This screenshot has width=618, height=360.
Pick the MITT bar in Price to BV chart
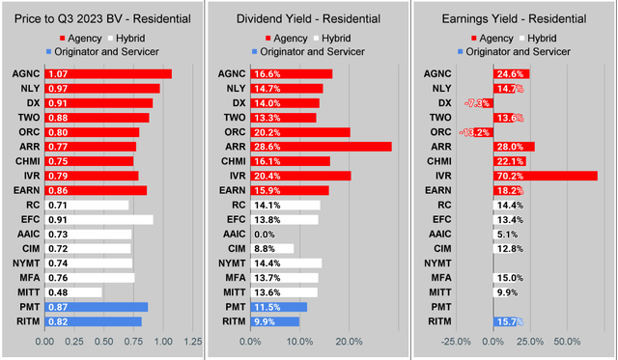[73, 292]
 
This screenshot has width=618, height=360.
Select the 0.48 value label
[57, 292]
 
